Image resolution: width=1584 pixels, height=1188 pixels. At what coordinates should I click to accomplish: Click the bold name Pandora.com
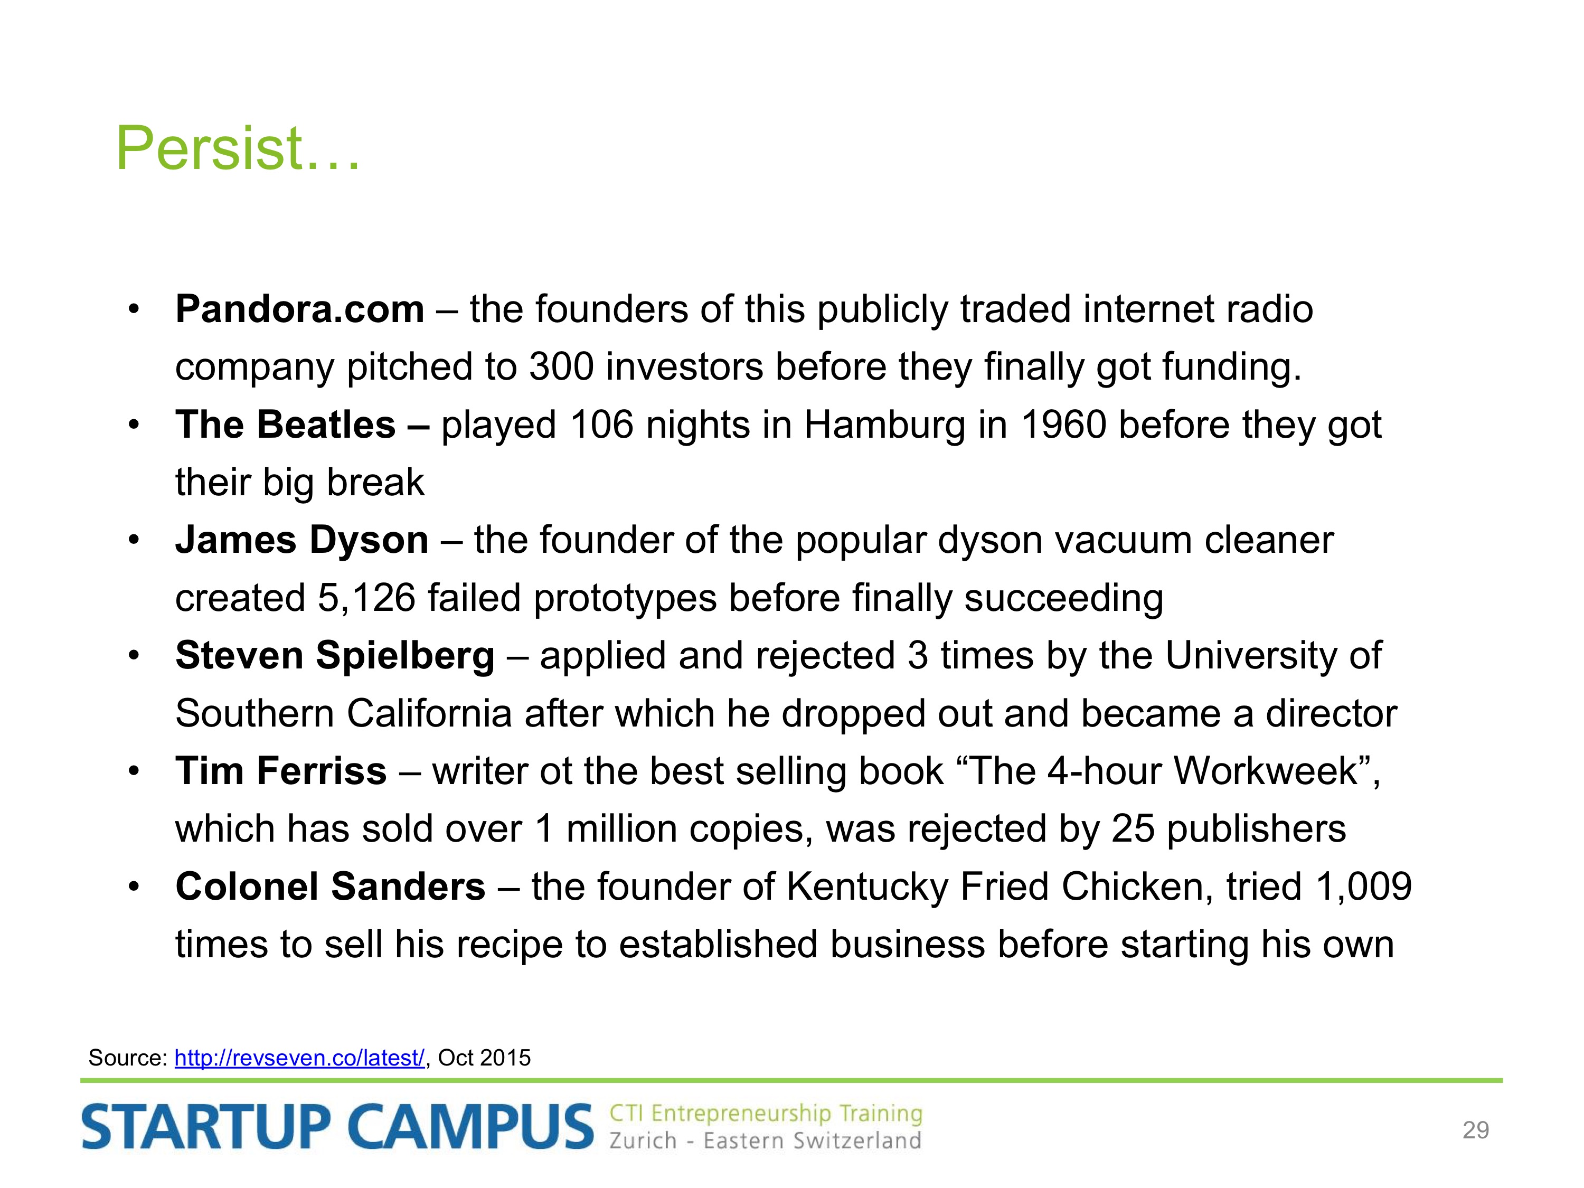(300, 309)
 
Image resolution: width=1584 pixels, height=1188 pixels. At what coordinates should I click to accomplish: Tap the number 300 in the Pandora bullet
(561, 366)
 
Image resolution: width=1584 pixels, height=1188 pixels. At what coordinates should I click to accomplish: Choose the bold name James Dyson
(302, 541)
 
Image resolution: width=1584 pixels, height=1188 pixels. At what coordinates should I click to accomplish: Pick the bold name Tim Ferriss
(281, 771)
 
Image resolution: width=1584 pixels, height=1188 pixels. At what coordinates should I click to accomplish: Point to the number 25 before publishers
(1133, 829)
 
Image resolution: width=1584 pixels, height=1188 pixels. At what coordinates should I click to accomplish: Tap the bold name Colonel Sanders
(330, 887)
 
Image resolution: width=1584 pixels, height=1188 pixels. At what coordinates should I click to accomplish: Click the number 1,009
(1363, 887)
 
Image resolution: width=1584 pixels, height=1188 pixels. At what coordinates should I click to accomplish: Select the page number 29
(1476, 1130)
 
